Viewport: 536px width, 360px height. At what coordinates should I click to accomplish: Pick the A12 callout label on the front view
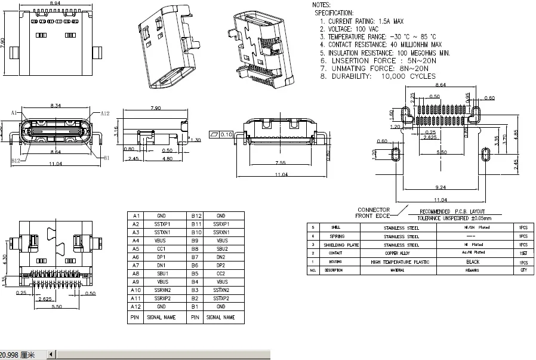[x=104, y=113]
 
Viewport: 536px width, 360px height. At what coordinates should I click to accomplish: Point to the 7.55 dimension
[x=281, y=163]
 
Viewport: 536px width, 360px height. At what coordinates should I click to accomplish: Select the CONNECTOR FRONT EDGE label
[x=373, y=213]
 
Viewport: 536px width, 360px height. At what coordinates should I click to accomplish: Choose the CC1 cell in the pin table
[x=161, y=248]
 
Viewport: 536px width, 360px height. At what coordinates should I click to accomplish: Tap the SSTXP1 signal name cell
[x=161, y=224]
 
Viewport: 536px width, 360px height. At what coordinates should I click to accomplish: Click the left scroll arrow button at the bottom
[x=51, y=355]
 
